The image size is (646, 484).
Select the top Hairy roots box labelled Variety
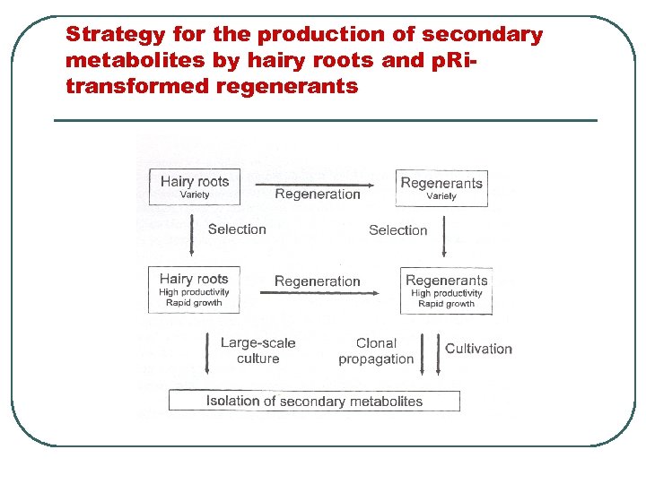(195, 187)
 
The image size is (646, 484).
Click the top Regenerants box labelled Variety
(441, 188)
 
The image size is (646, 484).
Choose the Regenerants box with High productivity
(446, 291)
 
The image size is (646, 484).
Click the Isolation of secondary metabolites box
(314, 401)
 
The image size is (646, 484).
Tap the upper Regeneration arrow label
(318, 194)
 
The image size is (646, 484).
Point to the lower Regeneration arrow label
(318, 281)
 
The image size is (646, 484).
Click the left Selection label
(237, 229)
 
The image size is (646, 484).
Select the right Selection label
(398, 230)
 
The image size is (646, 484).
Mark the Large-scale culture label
(258, 350)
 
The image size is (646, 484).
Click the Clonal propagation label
(376, 350)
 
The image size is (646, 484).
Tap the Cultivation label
(478, 349)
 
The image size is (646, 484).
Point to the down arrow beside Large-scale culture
(207, 353)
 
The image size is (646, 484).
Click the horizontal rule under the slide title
(325, 120)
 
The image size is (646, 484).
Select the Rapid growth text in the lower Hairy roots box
(194, 303)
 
